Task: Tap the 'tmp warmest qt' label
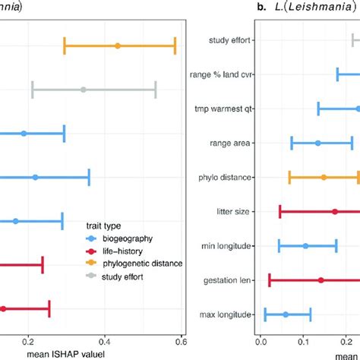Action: (226, 109)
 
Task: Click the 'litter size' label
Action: (235, 211)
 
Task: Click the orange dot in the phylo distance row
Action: (324, 177)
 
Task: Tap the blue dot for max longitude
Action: (286, 314)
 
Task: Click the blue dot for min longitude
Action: (305, 246)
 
